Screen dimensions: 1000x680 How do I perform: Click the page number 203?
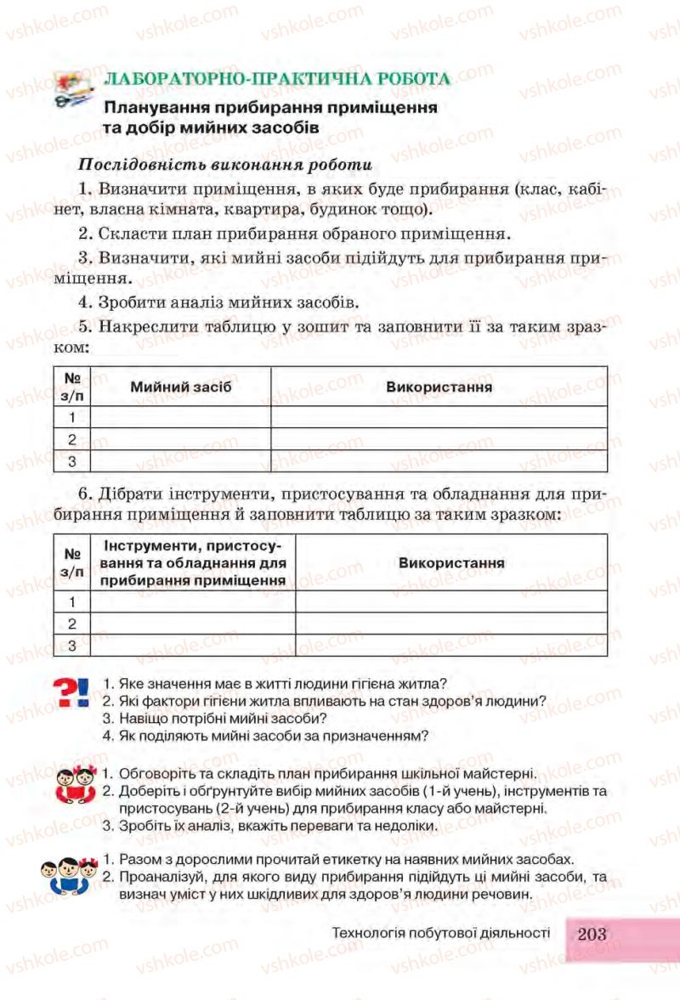pos(592,933)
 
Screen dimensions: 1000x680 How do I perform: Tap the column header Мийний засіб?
pos(180,387)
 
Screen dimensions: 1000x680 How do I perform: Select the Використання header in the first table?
pos(439,387)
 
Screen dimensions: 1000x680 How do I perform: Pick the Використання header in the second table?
pos(451,562)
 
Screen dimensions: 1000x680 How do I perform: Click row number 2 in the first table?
pos(72,439)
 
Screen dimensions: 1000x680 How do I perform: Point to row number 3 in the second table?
pos(72,646)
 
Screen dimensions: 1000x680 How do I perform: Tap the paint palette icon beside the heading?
pos(74,90)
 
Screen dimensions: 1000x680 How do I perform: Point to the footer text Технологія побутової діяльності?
pos(442,933)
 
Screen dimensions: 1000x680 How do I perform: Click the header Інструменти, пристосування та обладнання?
pos(192,562)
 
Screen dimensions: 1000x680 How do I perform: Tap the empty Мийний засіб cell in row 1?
pos(180,417)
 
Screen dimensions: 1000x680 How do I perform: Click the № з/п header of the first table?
pos(72,387)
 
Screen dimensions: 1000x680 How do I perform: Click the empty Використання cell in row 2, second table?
pos(451,624)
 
